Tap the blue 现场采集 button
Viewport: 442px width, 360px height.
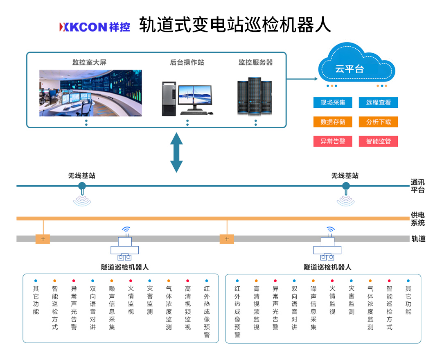coord(333,102)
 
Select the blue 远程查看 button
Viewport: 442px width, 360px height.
coord(378,102)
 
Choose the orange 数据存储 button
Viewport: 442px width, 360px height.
coord(333,122)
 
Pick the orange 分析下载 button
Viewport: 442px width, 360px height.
coord(378,122)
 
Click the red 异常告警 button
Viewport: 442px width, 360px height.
coord(333,141)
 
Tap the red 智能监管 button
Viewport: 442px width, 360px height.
coord(378,141)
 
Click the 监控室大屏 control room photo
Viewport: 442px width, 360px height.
coord(90,93)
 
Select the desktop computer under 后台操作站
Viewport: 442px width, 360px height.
coord(187,98)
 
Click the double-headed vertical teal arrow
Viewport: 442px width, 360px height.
coord(176,152)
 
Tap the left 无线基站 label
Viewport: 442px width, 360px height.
coord(82,176)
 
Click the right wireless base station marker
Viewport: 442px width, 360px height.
coord(346,188)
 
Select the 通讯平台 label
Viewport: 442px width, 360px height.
coord(417,186)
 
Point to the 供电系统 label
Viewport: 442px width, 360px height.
coord(417,219)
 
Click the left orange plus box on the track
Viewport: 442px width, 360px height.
coord(43,239)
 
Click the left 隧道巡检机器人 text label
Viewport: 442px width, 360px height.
coord(125,267)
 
